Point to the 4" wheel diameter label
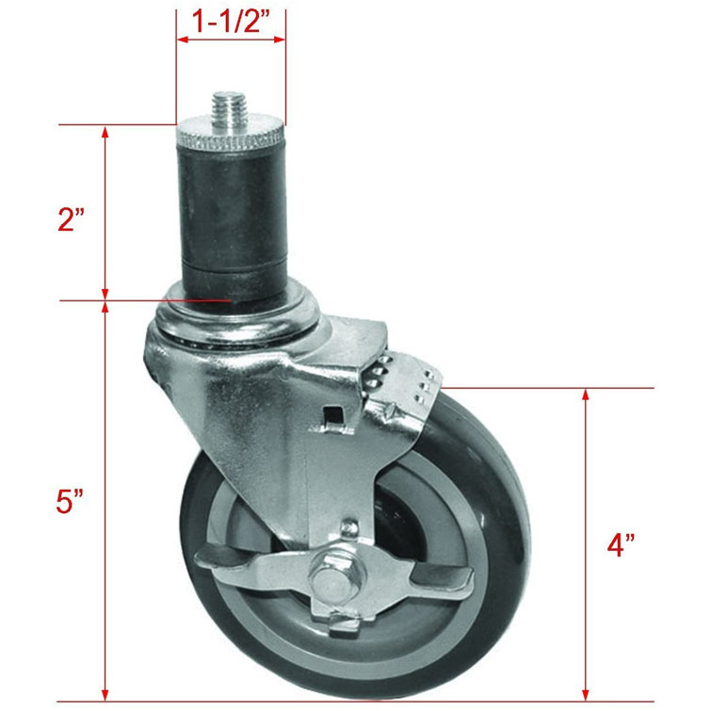(x=620, y=545)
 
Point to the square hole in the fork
(x=331, y=413)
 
